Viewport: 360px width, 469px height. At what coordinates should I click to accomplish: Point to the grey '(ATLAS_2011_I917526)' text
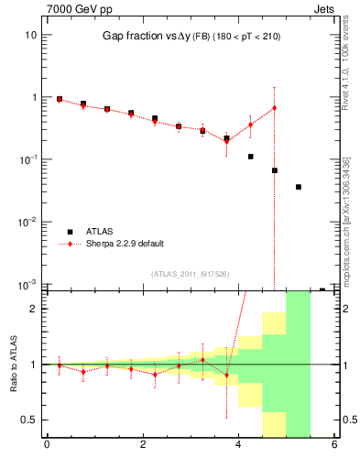(x=191, y=273)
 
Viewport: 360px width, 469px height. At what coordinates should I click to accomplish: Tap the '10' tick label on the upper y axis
(x=30, y=35)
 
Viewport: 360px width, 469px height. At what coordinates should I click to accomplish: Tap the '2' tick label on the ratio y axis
(x=33, y=309)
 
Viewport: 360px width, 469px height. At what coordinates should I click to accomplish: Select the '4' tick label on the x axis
(x=239, y=446)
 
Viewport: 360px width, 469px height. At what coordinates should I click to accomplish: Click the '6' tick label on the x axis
(x=334, y=446)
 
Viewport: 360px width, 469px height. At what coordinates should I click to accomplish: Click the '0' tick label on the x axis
(x=47, y=446)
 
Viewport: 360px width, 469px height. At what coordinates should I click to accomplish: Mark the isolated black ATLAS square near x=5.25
(x=299, y=187)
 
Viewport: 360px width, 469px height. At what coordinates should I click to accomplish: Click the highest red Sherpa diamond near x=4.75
(x=275, y=108)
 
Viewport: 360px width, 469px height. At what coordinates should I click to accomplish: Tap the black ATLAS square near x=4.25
(x=250, y=157)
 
